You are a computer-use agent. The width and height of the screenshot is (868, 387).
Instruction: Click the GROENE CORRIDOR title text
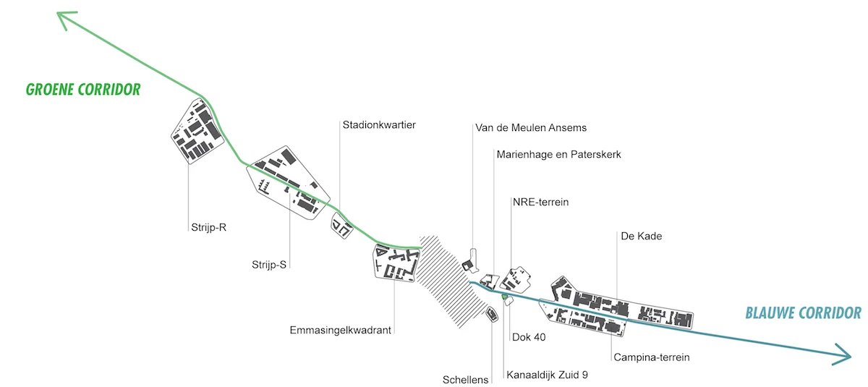point(82,90)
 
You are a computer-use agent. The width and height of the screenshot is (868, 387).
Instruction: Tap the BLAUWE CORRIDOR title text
point(803,313)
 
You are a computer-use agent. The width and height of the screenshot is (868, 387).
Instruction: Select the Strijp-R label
point(205,227)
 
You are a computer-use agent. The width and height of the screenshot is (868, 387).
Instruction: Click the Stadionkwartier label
point(379,125)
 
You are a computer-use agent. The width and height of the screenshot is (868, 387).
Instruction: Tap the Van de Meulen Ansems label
point(530,128)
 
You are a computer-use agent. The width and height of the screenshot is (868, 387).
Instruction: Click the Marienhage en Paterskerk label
point(558,154)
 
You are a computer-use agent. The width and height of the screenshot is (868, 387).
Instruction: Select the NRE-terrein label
point(540,202)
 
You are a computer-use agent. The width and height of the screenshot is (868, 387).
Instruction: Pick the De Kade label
point(641,236)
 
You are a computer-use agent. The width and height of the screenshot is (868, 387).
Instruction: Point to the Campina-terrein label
point(651,357)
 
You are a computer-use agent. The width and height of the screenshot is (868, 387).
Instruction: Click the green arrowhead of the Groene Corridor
point(64,19)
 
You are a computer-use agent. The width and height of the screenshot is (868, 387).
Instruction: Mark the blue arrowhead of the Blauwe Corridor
point(843,354)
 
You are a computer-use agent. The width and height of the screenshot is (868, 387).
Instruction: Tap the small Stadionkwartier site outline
point(341,224)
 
